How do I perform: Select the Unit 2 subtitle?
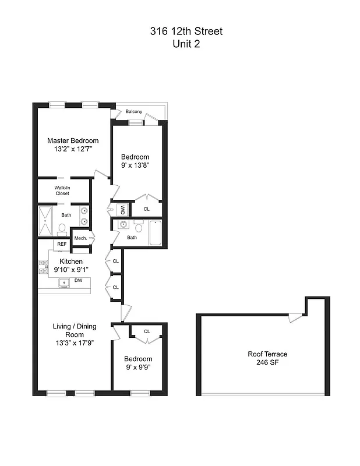[186, 44]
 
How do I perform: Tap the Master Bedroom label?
[73, 140]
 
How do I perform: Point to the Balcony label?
[134, 112]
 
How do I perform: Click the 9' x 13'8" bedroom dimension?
[135, 166]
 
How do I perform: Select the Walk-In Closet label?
[62, 190]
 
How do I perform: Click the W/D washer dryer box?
[123, 209]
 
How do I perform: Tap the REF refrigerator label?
[61, 244]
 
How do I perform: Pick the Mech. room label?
[80, 238]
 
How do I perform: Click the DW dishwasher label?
[77, 280]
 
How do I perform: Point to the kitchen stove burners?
[44, 266]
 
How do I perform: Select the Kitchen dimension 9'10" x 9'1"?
[71, 270]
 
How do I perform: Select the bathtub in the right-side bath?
[156, 232]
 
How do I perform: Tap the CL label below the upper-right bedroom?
[146, 209]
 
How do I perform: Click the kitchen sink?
[63, 283]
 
